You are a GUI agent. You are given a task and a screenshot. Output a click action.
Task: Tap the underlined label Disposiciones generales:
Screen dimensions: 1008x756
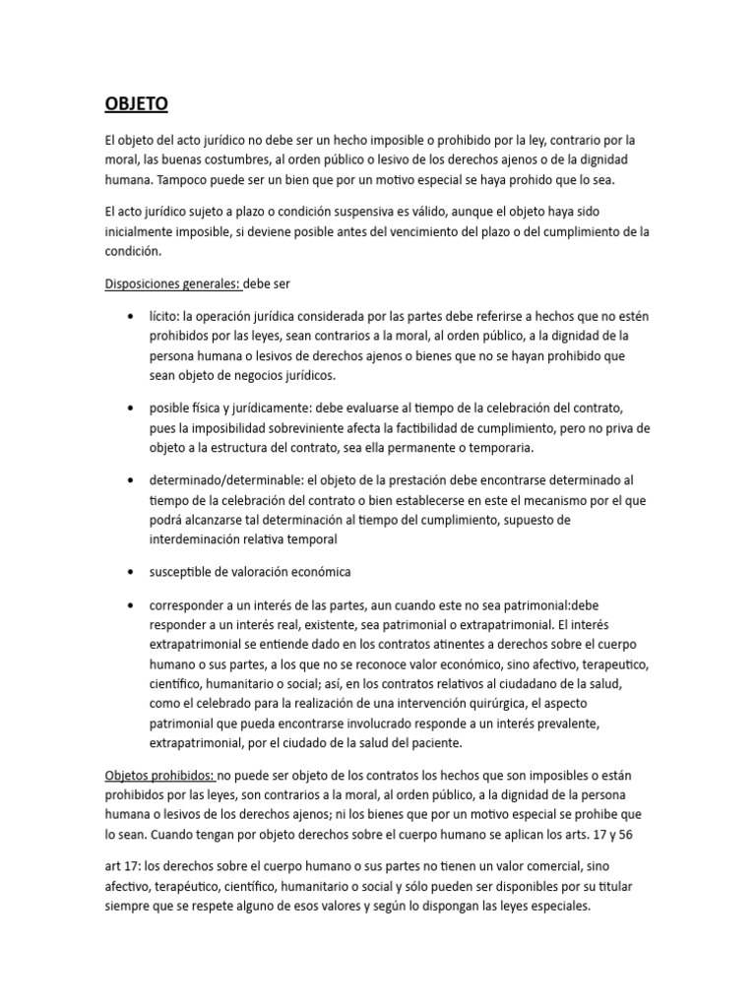pos(172,284)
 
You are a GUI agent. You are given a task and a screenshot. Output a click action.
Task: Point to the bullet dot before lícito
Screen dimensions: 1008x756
pos(132,317)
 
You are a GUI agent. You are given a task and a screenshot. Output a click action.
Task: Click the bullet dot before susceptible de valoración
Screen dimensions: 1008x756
pos(132,572)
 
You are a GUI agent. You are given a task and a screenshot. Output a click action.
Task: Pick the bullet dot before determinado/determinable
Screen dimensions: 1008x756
pos(132,479)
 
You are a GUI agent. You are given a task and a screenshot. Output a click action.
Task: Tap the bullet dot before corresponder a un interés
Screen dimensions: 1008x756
pos(132,604)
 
